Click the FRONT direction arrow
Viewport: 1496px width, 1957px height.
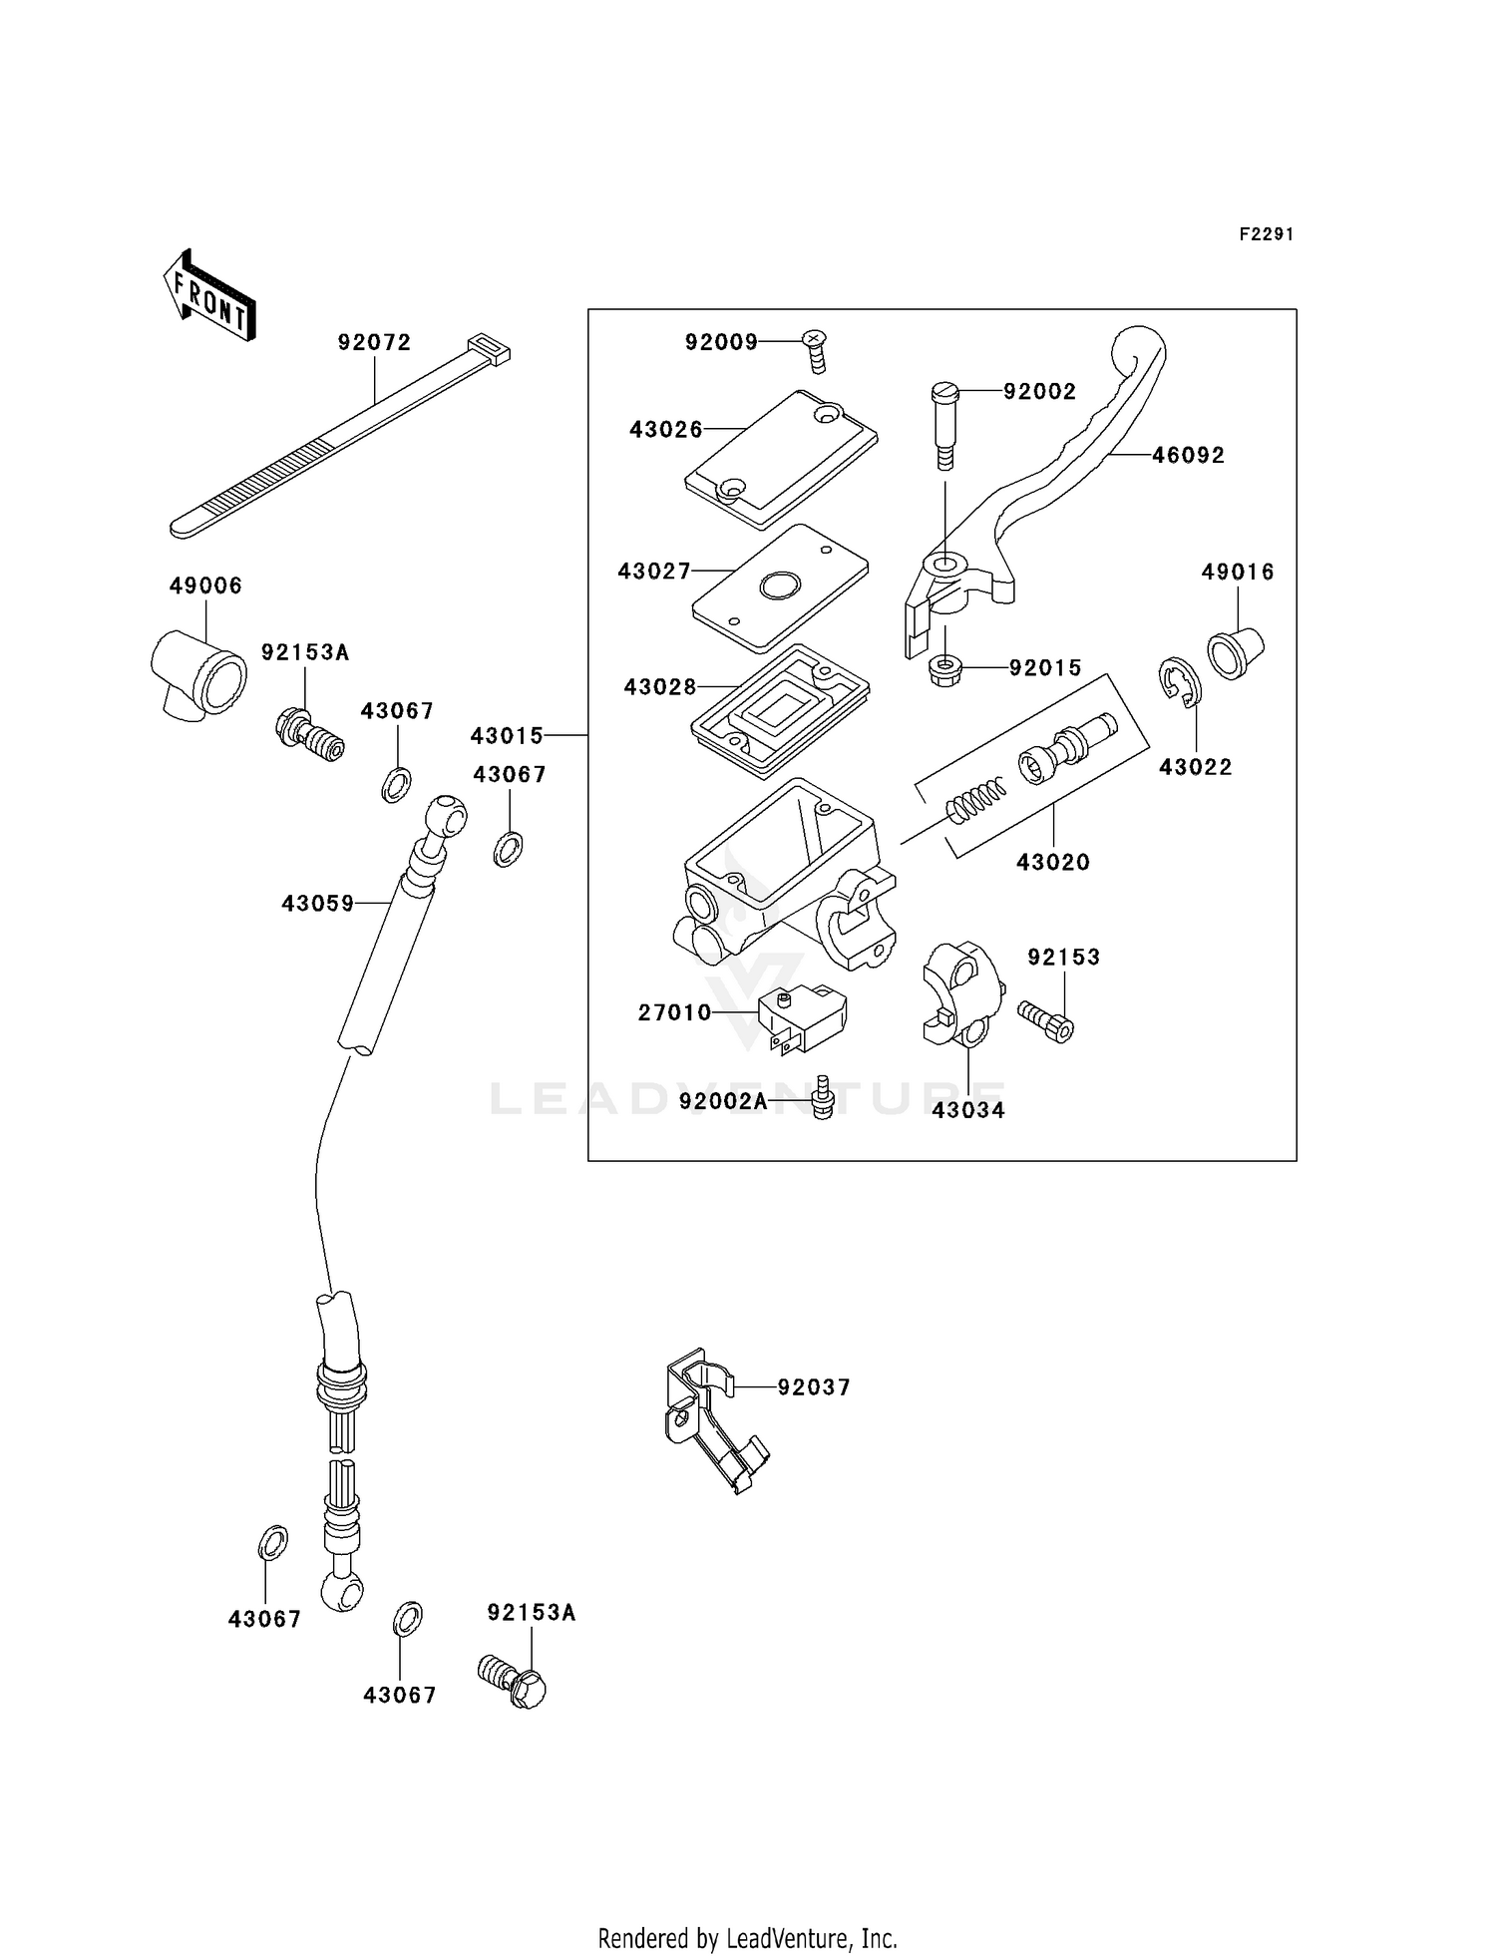pyautogui.click(x=209, y=296)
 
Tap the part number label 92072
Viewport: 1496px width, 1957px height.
pyautogui.click(x=374, y=342)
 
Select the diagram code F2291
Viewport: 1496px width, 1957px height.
pyautogui.click(x=1266, y=234)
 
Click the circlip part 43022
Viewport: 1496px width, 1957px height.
pyautogui.click(x=1181, y=683)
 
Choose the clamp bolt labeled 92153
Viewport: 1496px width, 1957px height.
pyautogui.click(x=1046, y=1021)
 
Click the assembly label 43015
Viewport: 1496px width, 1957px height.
pyautogui.click(x=507, y=735)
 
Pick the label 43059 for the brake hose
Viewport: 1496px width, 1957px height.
pyautogui.click(x=317, y=903)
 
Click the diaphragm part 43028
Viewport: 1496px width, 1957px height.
pyautogui.click(x=780, y=709)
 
